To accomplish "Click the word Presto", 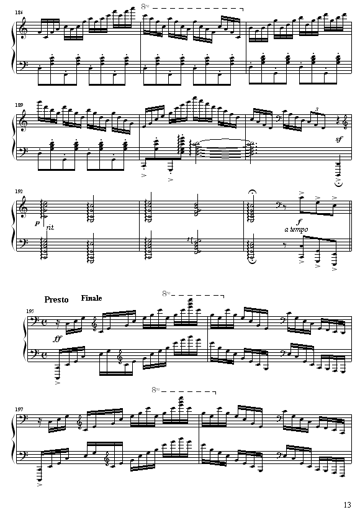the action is coord(56,299).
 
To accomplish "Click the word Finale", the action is coord(92,298).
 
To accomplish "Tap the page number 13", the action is coord(348,504).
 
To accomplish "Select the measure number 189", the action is coord(19,105).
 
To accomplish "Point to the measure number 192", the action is coord(19,191).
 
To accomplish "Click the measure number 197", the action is coord(19,409).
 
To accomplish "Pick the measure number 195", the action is coord(30,311).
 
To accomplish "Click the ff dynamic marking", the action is coord(57,339).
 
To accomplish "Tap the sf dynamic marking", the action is coord(339,140).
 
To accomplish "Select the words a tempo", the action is coord(296,229).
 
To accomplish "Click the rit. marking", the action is coord(50,227).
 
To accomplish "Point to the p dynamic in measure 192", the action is coord(37,224).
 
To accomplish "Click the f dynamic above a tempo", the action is coord(299,222).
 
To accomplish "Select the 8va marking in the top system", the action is coord(145,7).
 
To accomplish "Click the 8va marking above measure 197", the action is coord(156,390).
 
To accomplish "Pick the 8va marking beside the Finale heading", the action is coord(166,294).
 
